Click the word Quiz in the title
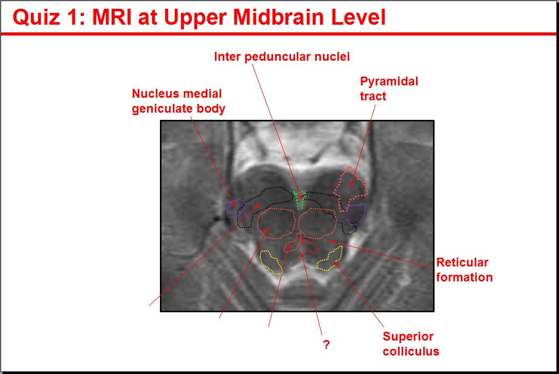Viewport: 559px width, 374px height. [36, 17]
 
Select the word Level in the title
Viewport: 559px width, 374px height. [358, 17]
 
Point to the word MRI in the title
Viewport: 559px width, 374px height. [112, 17]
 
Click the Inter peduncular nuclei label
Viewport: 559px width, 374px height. [282, 57]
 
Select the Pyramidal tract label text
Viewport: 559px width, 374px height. [389, 88]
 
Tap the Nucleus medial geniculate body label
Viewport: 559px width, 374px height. [178, 101]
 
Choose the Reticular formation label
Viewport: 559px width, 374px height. [464, 270]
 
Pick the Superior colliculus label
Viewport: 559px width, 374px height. [411, 344]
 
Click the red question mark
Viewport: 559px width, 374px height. [326, 344]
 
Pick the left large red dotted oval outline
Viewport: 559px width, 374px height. [259, 223]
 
